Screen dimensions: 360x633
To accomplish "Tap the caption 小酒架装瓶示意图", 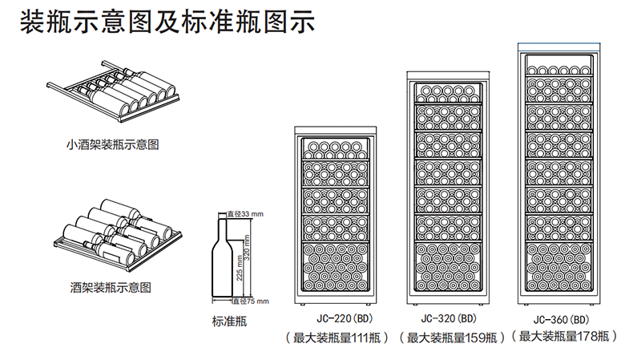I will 113,145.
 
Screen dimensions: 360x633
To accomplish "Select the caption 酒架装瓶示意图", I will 111,286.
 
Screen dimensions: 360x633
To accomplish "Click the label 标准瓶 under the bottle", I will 229,322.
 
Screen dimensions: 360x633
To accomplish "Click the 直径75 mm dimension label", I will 250,301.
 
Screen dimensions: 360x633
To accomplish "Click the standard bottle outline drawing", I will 220,257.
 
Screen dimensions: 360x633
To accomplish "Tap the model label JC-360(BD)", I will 562,318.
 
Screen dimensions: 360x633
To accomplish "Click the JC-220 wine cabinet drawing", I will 337,216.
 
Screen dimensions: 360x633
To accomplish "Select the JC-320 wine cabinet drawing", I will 448,188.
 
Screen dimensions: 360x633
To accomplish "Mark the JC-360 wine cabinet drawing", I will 561,176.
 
